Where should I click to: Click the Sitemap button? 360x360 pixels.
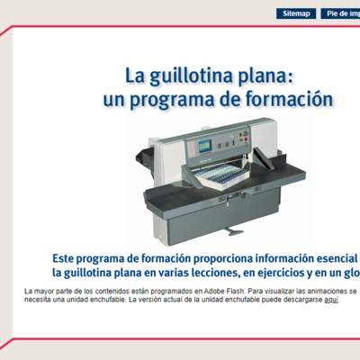295,13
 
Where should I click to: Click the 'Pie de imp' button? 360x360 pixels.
341,13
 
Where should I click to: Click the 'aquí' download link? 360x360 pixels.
331,301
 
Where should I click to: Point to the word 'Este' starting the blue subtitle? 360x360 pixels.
66,255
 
